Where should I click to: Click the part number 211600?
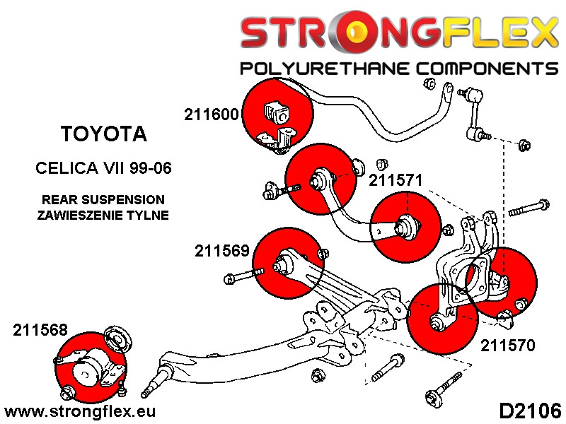pyautogui.click(x=212, y=114)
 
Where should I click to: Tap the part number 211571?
pyautogui.click(x=395, y=180)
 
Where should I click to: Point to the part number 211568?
pyautogui.click(x=40, y=330)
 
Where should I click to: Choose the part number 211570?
pyautogui.click(x=507, y=346)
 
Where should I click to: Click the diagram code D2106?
pyautogui.click(x=530, y=410)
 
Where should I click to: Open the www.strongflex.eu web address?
pyautogui.click(x=80, y=411)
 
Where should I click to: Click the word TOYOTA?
pyautogui.click(x=103, y=134)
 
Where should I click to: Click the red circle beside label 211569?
pyautogui.click(x=287, y=264)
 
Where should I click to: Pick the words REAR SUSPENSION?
pyautogui.click(x=103, y=200)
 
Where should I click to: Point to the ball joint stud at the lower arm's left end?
pyautogui.click(x=151, y=386)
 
